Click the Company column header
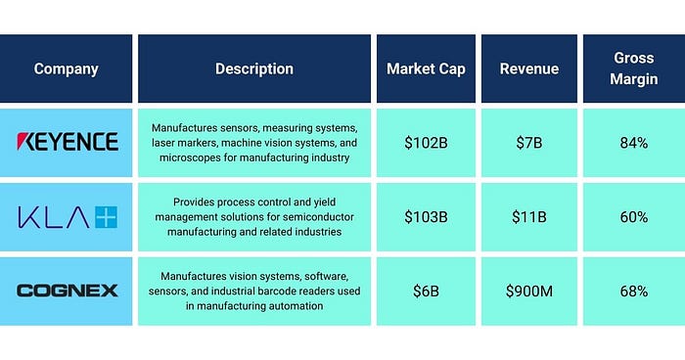(66, 68)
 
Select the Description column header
(254, 68)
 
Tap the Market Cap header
(426, 68)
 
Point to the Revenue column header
(529, 68)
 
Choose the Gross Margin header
(634, 68)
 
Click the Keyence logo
(68, 142)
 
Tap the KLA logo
(68, 217)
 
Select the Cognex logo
(68, 291)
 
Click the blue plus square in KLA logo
(107, 217)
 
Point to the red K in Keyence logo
(24, 142)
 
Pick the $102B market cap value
(426, 143)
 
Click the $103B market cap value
(426, 217)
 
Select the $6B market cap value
(426, 292)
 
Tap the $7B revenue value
(529, 143)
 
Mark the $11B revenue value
(529, 217)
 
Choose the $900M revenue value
(529, 292)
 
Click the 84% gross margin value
(634, 143)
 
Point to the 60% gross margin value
(634, 217)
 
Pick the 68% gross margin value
(634, 292)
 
